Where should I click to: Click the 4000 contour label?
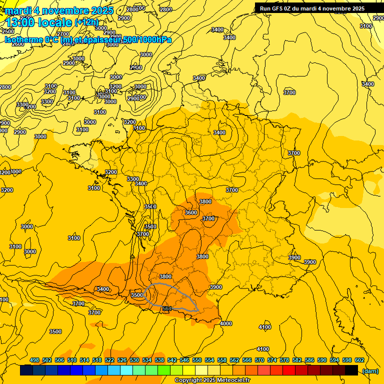(225, 323)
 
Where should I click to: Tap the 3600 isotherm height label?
(191, 212)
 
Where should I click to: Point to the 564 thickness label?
(167, 308)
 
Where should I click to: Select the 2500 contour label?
(8, 31)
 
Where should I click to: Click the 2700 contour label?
(63, 34)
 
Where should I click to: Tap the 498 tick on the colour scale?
(34, 360)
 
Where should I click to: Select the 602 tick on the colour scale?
(359, 360)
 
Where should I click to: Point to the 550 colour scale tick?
(197, 360)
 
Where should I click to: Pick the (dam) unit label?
(370, 370)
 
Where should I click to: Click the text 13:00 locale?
(38, 22)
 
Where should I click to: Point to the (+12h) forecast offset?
(86, 22)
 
